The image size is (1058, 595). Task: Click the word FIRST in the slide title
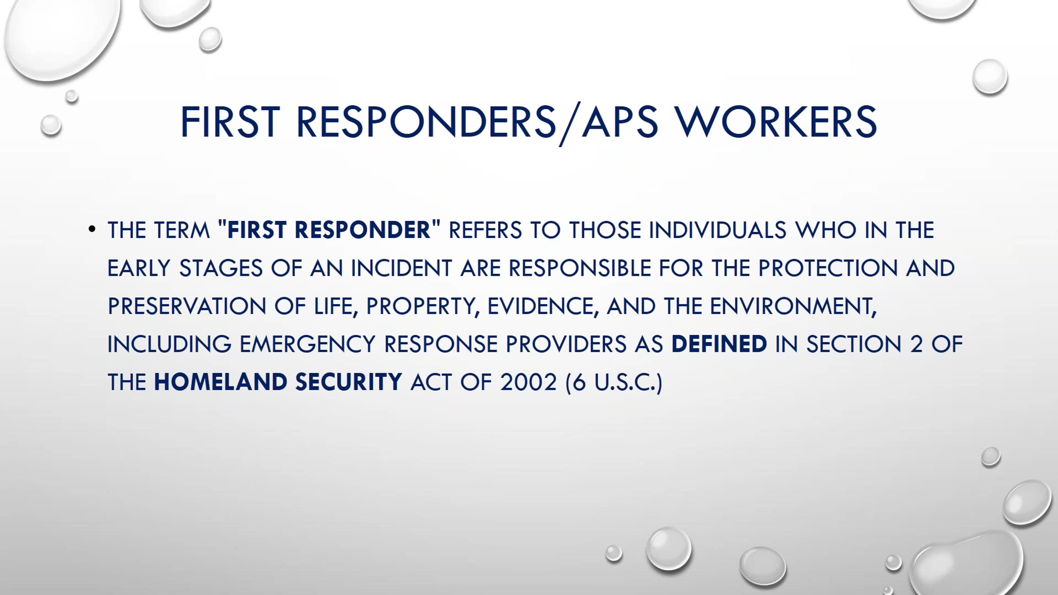[230, 122]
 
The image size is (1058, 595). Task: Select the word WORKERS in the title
[777, 122]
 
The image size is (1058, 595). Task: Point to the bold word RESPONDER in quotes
[362, 230]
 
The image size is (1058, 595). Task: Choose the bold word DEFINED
[719, 344]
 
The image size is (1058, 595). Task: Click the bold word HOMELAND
[220, 382]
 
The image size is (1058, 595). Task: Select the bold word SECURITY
[348, 382]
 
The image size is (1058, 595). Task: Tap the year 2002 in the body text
[529, 382]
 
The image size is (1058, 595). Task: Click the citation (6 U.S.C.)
[614, 382]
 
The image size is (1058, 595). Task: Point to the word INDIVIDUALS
[718, 230]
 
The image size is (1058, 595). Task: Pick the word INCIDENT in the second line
[401, 268]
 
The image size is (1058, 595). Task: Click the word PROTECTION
[828, 268]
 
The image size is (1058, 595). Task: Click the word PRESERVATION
[187, 306]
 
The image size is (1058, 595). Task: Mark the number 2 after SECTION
[916, 344]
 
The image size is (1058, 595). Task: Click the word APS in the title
[620, 122]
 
